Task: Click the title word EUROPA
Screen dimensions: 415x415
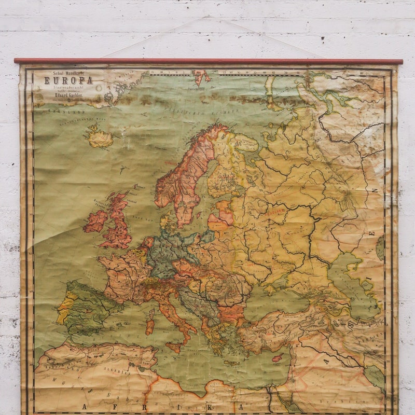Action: tap(68, 80)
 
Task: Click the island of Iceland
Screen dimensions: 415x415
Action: tap(100, 138)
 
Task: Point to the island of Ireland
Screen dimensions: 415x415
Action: tap(95, 222)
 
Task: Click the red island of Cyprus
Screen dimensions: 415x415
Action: tap(278, 358)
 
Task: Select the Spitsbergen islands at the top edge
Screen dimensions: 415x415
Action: tap(202, 77)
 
